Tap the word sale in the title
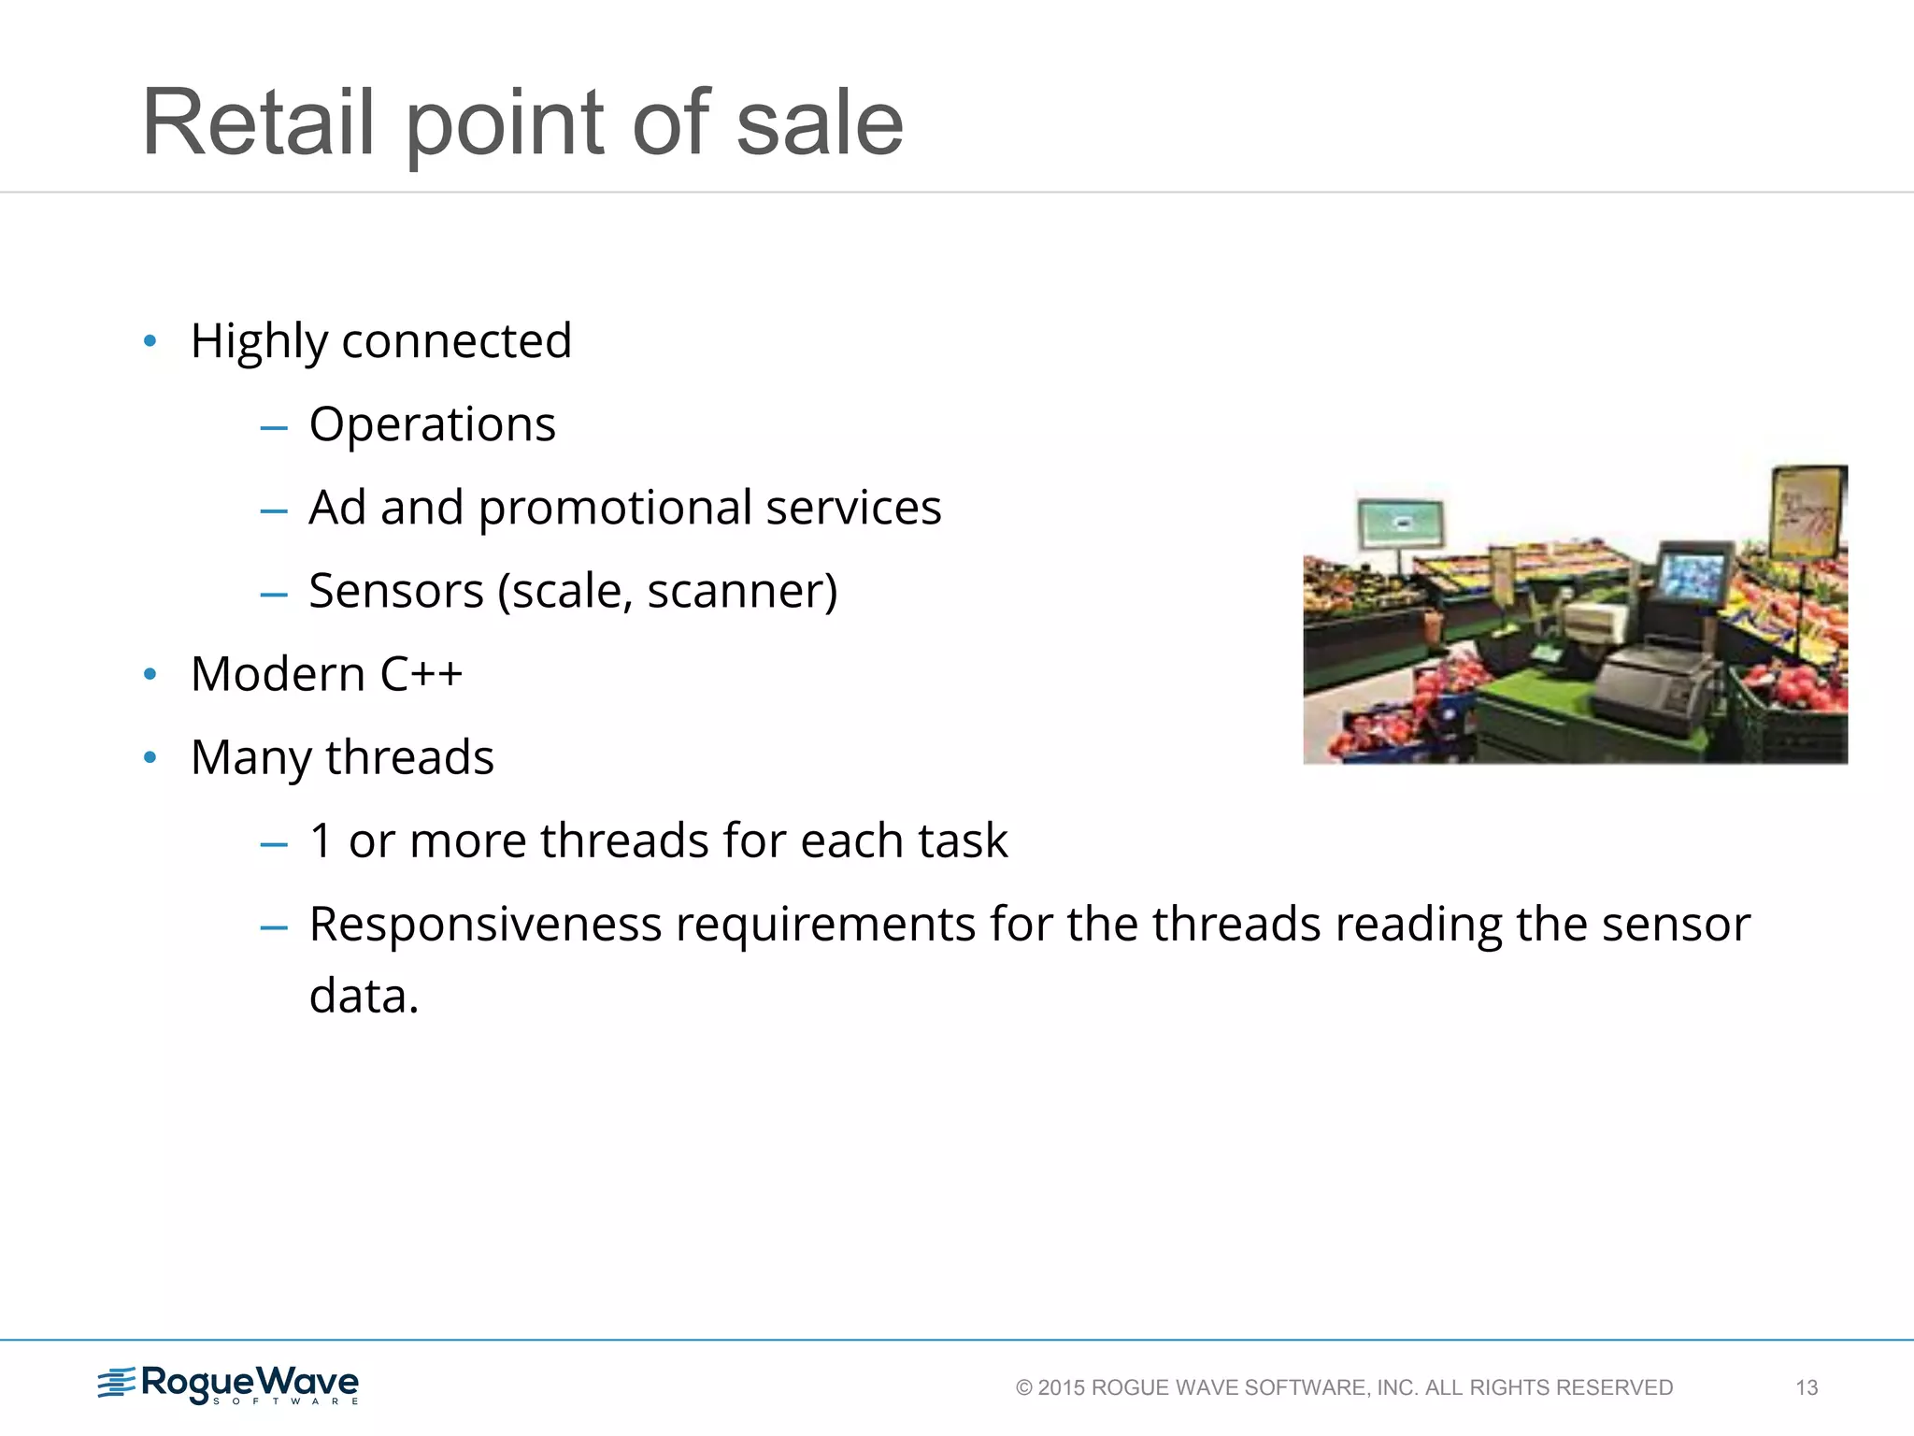(x=819, y=122)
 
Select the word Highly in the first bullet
(x=259, y=341)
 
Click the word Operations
(x=432, y=424)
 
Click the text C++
(x=421, y=674)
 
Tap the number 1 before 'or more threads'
(x=321, y=840)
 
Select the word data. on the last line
(x=364, y=997)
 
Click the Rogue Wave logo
(x=229, y=1385)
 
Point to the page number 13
(x=1807, y=1387)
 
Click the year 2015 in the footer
(x=1061, y=1387)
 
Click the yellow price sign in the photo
(x=1807, y=513)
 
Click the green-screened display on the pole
(x=1400, y=523)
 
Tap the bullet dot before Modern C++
(x=150, y=675)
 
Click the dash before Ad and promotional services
(x=274, y=510)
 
